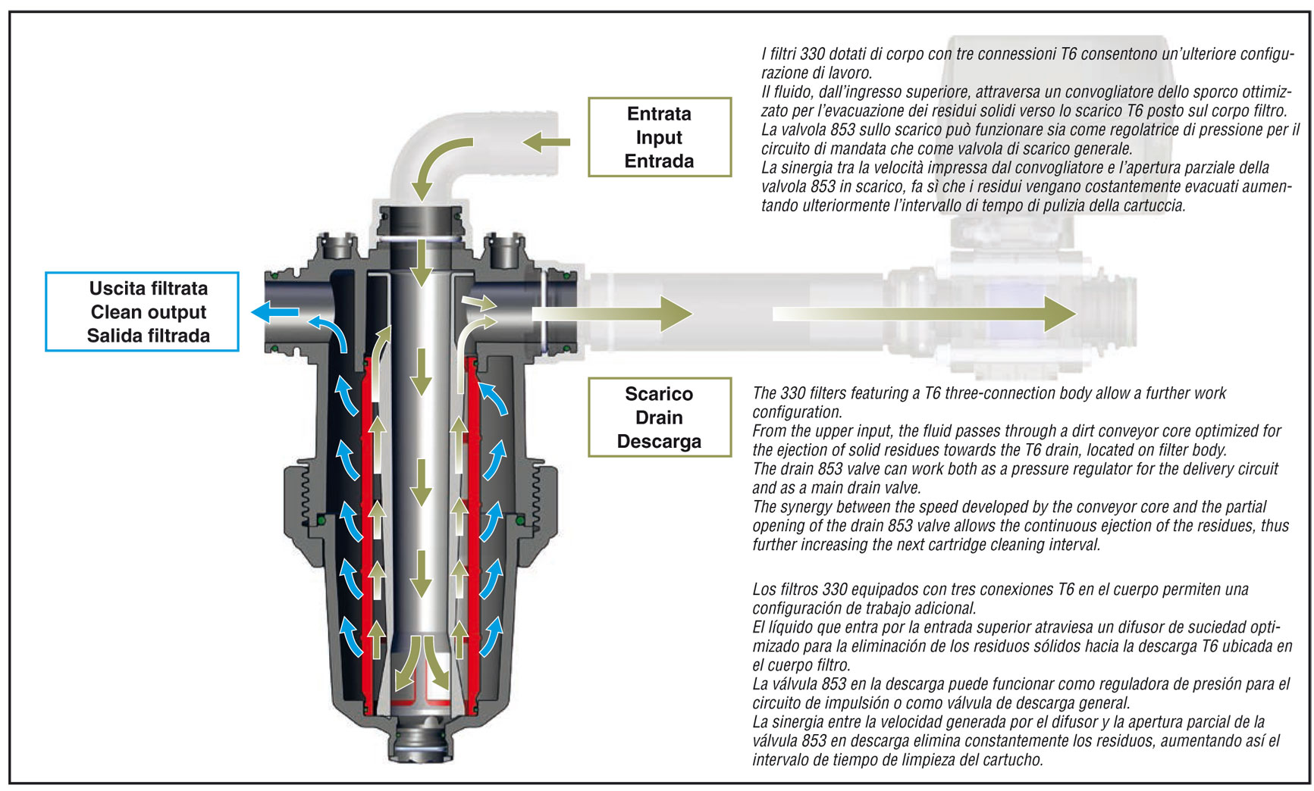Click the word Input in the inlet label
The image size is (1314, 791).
tap(659, 138)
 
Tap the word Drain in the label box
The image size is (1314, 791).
tap(659, 417)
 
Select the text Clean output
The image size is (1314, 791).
tap(149, 312)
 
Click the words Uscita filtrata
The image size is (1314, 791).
tap(149, 289)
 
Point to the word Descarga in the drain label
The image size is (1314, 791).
tap(659, 442)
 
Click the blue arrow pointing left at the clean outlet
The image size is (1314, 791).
tap(274, 311)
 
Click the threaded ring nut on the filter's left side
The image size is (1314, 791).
tap(298, 500)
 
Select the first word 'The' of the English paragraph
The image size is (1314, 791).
tap(764, 393)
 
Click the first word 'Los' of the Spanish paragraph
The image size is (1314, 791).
tap(765, 589)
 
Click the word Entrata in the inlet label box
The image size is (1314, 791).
tap(659, 114)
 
